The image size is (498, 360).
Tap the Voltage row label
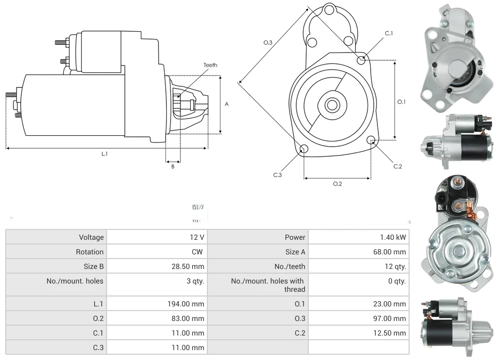point(91,237)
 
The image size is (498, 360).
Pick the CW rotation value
point(198,252)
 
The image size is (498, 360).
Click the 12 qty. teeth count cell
point(394,266)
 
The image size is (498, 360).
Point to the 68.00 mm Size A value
point(389,252)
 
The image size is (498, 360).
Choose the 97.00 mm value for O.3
point(389,318)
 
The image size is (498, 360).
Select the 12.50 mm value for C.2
point(389,333)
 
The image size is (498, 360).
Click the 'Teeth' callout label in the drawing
point(210,66)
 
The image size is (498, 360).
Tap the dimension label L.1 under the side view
point(104,154)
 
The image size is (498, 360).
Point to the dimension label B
point(173,166)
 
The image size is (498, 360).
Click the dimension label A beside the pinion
point(227,104)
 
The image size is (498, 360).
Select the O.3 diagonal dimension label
point(268,42)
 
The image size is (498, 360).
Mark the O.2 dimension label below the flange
point(337,184)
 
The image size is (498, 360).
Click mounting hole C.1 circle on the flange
point(361,60)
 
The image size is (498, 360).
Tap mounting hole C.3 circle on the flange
point(304,150)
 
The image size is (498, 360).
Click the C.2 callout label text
point(398,166)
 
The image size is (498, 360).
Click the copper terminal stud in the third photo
point(459,184)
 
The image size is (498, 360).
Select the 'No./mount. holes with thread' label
point(268,285)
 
